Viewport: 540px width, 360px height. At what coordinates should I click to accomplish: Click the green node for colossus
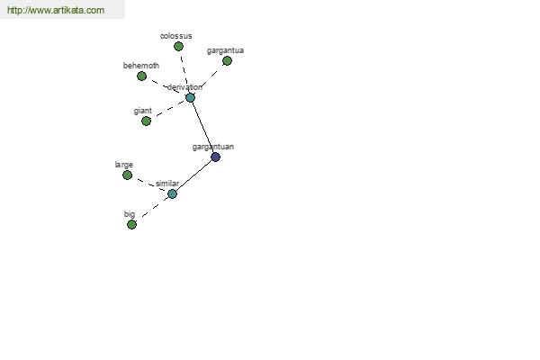point(178,46)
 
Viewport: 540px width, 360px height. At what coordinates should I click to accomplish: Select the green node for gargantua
point(227,61)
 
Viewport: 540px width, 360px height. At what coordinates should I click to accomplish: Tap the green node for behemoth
point(141,76)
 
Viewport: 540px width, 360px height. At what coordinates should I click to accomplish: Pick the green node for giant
point(146,121)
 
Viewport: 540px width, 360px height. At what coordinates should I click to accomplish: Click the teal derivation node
point(190,97)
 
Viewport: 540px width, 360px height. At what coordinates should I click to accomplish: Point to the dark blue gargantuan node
point(215,157)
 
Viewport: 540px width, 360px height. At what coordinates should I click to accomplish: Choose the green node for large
point(127,175)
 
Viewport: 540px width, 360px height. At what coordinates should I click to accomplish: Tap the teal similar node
point(172,194)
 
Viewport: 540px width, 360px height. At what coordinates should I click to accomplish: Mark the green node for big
point(131,225)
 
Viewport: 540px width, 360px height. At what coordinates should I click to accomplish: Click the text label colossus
point(176,36)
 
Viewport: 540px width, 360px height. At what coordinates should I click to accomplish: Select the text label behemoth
point(141,66)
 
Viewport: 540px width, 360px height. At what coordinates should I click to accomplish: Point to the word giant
point(142,111)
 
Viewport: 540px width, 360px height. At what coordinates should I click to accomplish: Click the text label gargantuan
point(213,147)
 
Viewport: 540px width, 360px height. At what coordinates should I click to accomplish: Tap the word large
point(124,165)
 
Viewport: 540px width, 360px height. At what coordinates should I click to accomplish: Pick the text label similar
point(167,184)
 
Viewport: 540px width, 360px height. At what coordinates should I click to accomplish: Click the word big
point(130,214)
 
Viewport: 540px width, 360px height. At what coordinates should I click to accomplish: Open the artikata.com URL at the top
point(56,10)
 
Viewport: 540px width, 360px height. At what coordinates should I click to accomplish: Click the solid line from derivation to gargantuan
point(202,128)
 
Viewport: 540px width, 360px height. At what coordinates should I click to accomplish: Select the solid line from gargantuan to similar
point(193,175)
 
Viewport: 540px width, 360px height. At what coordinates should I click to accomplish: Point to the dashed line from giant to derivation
point(168,109)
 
